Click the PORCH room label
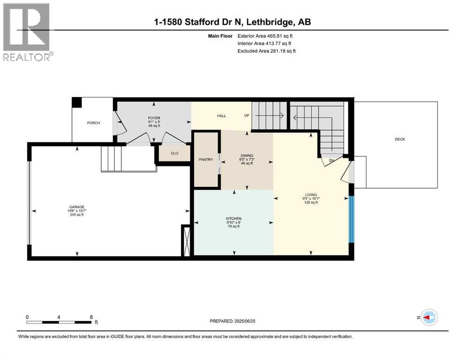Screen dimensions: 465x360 tap(93, 123)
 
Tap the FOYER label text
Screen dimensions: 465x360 tap(154, 118)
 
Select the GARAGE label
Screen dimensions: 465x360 tap(77, 207)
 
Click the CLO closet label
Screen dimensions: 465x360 tap(174, 153)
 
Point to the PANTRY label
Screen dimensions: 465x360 tap(206, 160)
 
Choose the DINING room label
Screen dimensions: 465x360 tap(247, 156)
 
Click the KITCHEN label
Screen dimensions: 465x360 tap(234, 219)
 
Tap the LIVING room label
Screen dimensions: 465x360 tap(311, 195)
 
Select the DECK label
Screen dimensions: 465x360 tap(400, 139)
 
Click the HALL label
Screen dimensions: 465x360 tap(221, 116)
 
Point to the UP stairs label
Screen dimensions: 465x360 tap(247, 115)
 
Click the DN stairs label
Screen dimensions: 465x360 tap(332, 161)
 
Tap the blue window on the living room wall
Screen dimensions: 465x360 tap(351, 219)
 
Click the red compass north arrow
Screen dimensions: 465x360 tap(427, 317)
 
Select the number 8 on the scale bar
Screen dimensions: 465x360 tap(91, 317)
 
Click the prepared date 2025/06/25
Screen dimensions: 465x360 tap(244, 321)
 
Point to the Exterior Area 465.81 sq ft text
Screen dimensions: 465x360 tap(265, 36)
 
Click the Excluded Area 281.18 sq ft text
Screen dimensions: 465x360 tap(266, 51)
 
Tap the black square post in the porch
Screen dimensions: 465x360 tap(77, 103)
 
